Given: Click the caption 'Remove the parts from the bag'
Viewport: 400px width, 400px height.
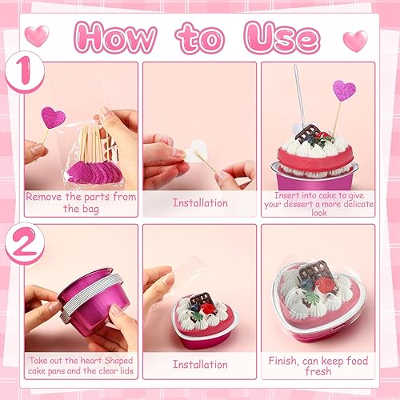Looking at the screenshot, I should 80,202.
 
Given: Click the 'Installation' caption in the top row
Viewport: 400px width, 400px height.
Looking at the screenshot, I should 199,202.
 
